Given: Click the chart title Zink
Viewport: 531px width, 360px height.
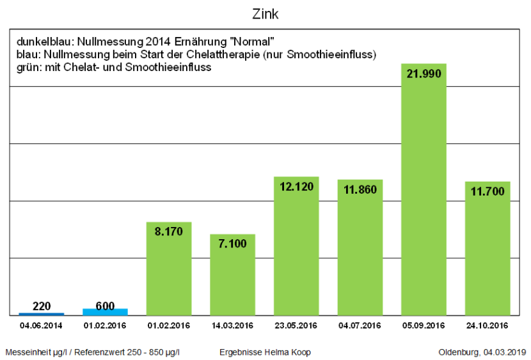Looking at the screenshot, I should (265, 13).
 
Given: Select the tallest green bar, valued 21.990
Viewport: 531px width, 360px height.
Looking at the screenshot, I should (424, 192).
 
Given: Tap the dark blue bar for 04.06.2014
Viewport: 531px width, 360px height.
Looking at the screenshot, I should (41, 313).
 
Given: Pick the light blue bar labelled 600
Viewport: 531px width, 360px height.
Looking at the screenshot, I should (105, 311).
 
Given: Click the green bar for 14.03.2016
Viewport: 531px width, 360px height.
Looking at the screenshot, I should (232, 275).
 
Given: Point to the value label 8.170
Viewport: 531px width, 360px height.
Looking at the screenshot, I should (169, 231).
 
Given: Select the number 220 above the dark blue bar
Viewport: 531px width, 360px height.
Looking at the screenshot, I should (41, 306).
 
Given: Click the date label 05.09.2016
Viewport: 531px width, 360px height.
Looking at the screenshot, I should (424, 325).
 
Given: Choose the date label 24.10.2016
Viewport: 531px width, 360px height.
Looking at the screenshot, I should (487, 325).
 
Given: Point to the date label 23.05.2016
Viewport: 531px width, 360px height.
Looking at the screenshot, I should (296, 325).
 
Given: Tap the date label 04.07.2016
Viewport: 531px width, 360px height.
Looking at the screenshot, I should (360, 325).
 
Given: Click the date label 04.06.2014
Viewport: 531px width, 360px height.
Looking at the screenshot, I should (41, 325).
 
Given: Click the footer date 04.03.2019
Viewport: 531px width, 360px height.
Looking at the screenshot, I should (505, 352).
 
